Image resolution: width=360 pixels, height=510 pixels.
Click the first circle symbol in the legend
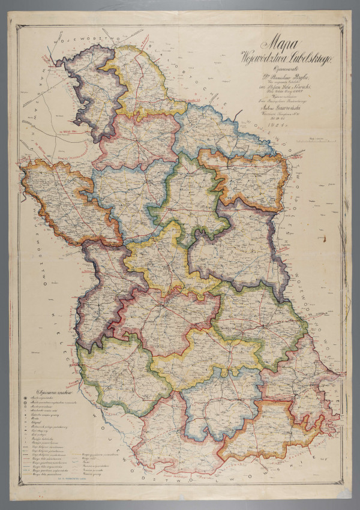coord(25,397)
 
